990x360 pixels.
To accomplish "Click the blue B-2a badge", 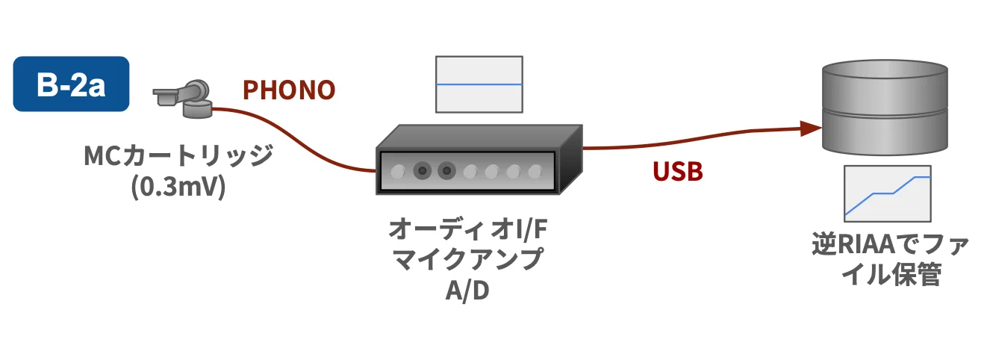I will point(71,84).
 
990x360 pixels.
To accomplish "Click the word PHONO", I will point(289,90).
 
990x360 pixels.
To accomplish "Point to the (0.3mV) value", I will point(178,187).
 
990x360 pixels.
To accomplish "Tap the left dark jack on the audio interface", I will point(423,171).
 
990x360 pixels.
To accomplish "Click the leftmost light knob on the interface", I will point(398,171).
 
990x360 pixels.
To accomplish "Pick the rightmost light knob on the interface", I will point(535,171).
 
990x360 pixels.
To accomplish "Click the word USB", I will point(678,172).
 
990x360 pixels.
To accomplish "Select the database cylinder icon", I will point(884,108).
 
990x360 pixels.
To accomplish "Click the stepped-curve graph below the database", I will point(887,193).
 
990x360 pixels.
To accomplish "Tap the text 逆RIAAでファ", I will point(886,245).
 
